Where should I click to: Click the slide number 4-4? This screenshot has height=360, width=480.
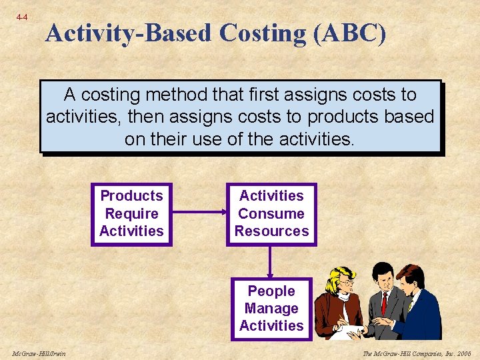coord(22,17)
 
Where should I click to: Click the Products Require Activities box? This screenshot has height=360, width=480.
coord(131,214)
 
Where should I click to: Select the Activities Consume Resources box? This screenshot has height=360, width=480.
coord(271,214)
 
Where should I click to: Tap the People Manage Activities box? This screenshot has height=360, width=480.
coord(271,309)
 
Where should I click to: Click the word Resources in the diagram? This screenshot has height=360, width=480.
coord(271,231)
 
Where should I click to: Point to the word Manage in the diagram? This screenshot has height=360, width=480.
coord(271,309)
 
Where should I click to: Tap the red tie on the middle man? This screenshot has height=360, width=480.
coord(384,303)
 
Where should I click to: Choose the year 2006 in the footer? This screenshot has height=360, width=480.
coord(463,353)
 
